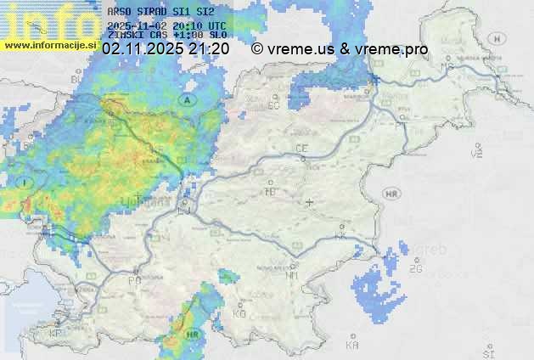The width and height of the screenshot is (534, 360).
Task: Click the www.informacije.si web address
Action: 49,44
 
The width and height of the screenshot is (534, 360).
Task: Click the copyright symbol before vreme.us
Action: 257,49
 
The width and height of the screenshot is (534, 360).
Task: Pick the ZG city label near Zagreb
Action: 415,269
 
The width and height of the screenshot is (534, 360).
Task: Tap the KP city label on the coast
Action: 56,334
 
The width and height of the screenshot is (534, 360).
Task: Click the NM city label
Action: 293,275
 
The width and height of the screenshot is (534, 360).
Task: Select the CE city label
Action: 301,149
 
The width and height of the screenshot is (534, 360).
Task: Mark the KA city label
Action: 352,345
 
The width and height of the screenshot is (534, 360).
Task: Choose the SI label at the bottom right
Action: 487,352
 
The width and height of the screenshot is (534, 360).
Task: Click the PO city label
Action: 134,279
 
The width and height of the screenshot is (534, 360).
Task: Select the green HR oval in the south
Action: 193,335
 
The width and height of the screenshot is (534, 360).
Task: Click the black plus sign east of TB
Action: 309,202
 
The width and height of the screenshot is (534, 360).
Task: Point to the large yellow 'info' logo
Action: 51,19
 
